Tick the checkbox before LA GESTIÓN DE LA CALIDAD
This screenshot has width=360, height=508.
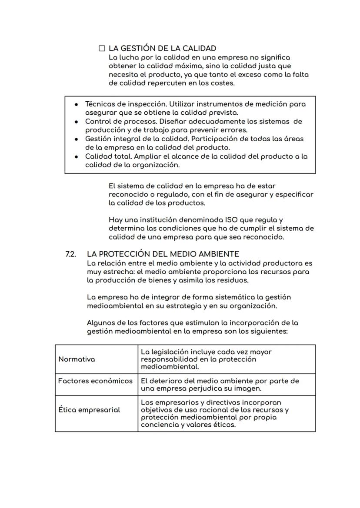point(102,48)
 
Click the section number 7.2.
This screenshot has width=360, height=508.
point(71,254)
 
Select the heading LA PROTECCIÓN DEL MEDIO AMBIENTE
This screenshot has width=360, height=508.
point(163,254)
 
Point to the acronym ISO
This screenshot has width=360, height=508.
point(219,220)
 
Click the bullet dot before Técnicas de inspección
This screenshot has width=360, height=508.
point(77,104)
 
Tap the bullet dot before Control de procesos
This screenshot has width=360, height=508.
point(77,122)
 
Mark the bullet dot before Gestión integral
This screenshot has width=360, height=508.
point(77,139)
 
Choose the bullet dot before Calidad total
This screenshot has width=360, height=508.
point(77,156)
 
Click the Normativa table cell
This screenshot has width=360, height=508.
point(77,359)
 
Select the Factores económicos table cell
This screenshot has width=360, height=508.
point(95,381)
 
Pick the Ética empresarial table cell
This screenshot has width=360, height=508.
point(89,410)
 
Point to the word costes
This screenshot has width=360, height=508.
point(222,83)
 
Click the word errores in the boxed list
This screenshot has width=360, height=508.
point(234,130)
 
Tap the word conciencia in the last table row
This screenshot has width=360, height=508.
point(159,425)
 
